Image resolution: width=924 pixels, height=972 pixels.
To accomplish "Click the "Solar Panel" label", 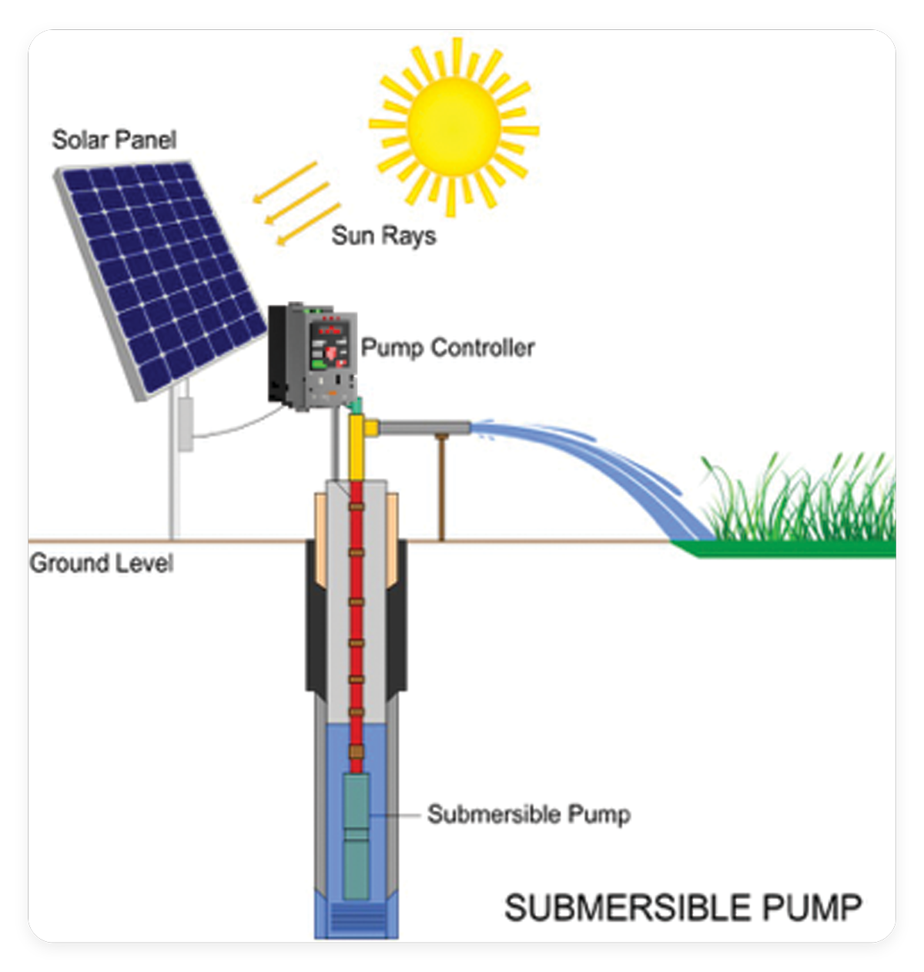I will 114,140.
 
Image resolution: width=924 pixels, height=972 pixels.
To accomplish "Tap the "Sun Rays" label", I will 383,235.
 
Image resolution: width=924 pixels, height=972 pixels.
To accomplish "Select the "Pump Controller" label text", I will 447,347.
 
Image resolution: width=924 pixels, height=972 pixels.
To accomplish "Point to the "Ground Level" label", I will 101,563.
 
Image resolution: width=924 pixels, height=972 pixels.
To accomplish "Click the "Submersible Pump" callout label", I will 528,814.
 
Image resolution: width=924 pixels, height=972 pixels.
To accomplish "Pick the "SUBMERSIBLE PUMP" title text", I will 682,907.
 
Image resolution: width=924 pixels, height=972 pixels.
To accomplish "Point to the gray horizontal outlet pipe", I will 423,427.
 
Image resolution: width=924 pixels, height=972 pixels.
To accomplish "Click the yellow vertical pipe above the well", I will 356,451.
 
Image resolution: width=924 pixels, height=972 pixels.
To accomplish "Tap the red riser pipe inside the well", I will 357,616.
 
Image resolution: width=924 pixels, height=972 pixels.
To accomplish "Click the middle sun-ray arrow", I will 296,204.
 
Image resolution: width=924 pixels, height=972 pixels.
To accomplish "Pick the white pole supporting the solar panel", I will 175,493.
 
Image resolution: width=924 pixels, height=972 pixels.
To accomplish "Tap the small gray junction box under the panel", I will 186,424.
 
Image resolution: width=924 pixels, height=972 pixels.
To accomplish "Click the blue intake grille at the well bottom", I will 357,920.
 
